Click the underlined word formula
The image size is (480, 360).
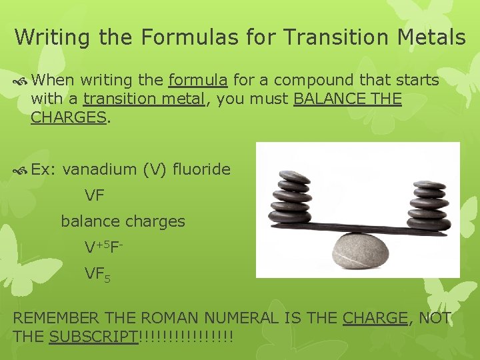[x=198, y=81]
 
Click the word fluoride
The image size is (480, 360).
[x=201, y=169]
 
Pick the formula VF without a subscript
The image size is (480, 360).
[x=94, y=195]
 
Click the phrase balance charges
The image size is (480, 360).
[x=123, y=221]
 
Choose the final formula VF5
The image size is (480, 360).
[x=97, y=273]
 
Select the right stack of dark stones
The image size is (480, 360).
[x=428, y=202]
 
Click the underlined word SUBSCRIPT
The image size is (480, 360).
[x=93, y=337]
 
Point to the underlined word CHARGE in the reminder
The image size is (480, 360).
[x=375, y=318]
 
